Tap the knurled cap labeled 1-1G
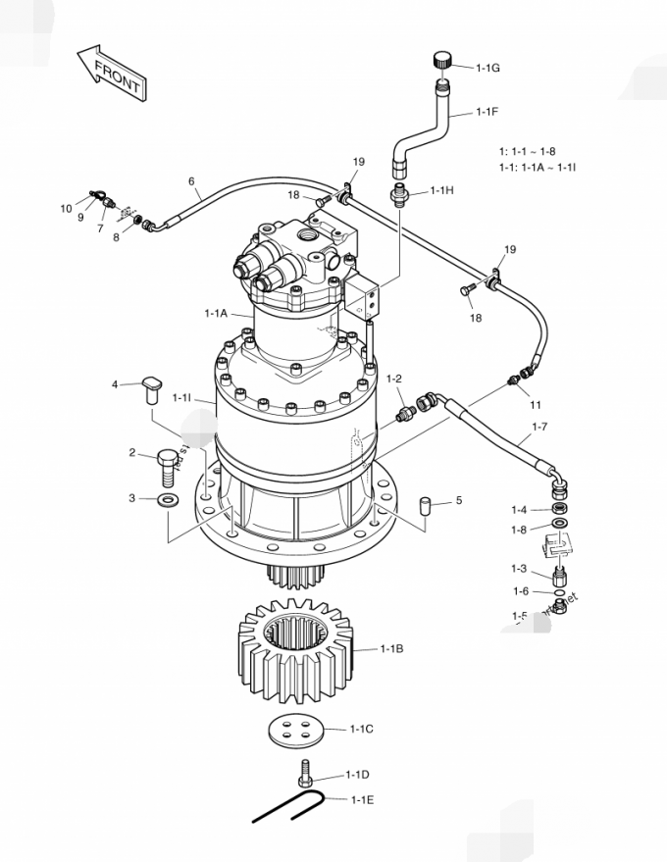coord(441,61)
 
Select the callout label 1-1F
coord(487,112)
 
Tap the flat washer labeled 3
coord(168,500)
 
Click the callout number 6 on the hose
coord(191,180)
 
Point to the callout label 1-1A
coord(216,313)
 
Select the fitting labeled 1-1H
coord(401,192)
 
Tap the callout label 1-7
coord(539,427)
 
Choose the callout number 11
coord(535,404)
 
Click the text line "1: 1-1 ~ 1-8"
coord(527,151)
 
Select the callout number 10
coord(66,208)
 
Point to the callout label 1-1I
coord(181,397)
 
